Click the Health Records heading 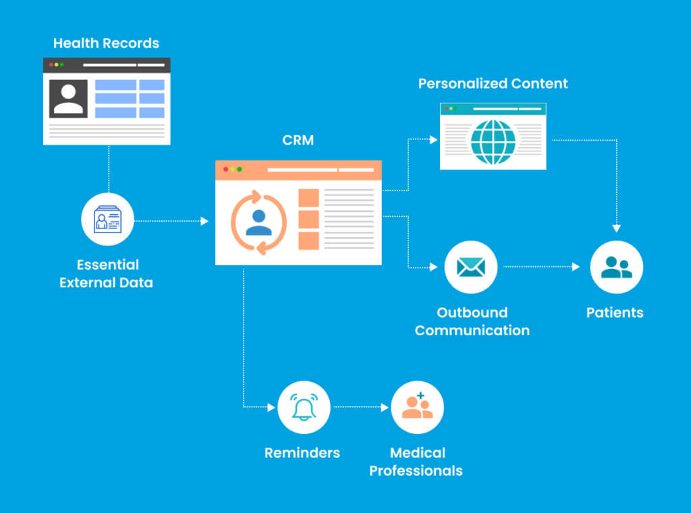tap(106, 43)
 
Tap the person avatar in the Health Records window tap(68, 99)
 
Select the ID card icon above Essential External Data tap(108, 219)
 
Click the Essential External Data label tap(106, 274)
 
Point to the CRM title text tap(298, 141)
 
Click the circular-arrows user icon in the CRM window tap(258, 222)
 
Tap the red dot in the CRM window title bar tap(225, 169)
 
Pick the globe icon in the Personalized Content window tap(493, 142)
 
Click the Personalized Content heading tap(493, 84)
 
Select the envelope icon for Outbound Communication tap(471, 267)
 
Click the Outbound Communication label tap(472, 322)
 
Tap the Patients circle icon tap(616, 267)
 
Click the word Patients tap(615, 313)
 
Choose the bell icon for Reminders tap(304, 407)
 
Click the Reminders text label tap(302, 453)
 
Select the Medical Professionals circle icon tap(417, 407)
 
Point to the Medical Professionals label tap(416, 462)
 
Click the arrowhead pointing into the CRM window tap(205, 221)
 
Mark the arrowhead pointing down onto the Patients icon tap(616, 228)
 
